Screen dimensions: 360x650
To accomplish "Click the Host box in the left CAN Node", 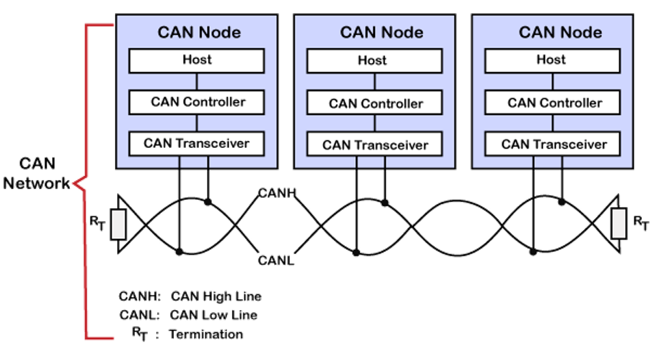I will click(197, 60).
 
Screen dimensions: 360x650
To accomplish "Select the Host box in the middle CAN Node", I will click(372, 61).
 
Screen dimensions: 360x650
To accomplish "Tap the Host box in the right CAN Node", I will click(551, 60).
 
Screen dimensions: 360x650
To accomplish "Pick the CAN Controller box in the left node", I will click(197, 102).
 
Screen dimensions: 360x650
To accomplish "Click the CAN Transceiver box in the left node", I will click(197, 143).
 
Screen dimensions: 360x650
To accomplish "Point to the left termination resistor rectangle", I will click(118, 224).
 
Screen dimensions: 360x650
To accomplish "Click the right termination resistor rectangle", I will click(620, 224).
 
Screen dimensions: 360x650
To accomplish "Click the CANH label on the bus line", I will click(276, 194).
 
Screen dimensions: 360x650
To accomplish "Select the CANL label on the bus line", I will click(276, 260).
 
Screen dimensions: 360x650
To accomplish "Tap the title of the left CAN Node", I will click(199, 32).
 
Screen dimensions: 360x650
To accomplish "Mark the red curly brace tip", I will click(75, 183).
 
